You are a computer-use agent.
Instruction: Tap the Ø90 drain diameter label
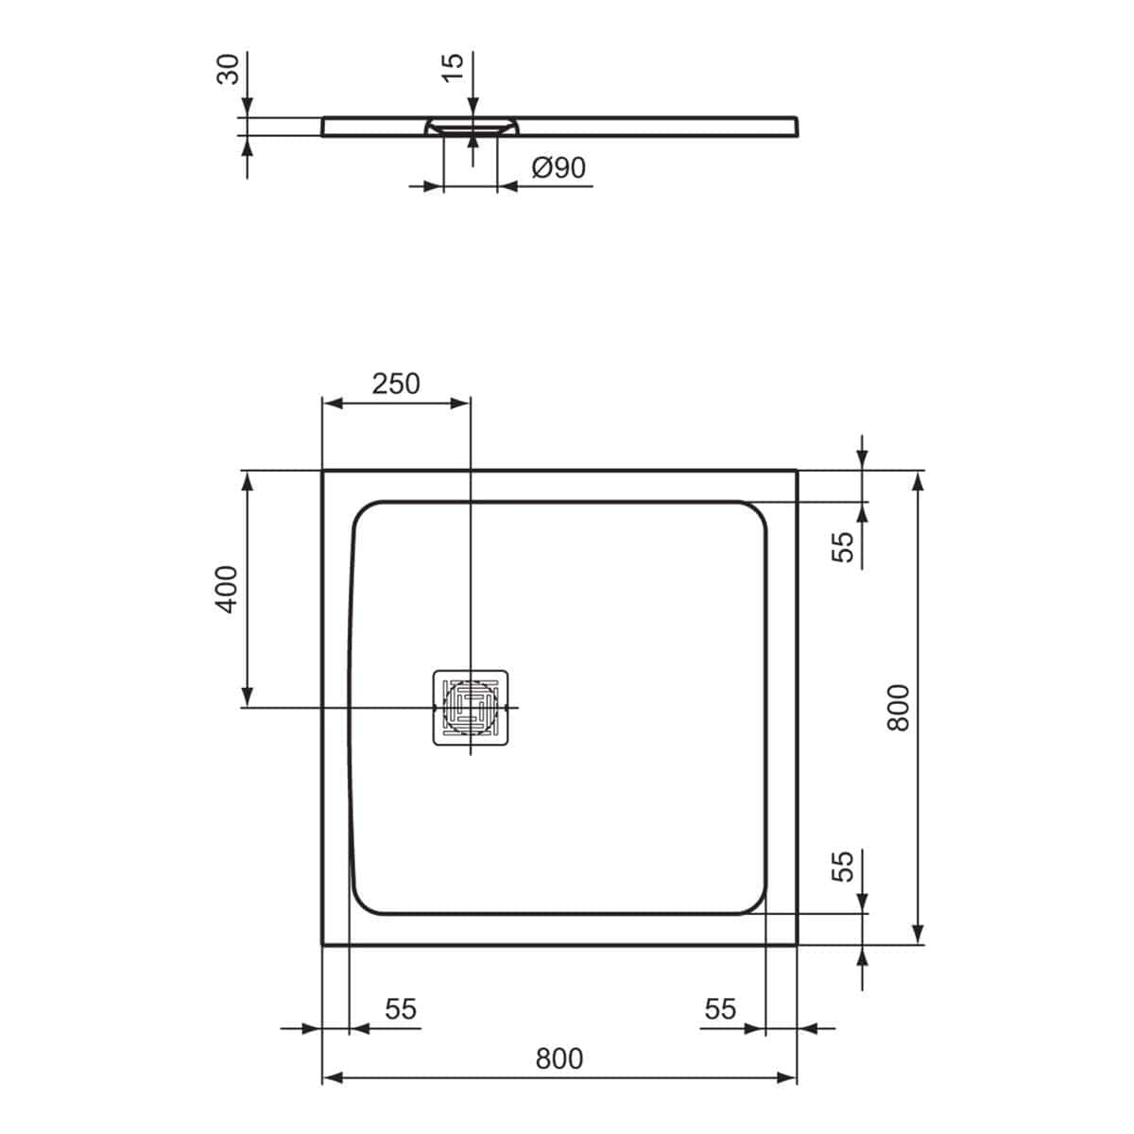558,168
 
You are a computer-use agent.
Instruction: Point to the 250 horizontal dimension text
395,384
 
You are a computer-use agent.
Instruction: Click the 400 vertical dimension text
227,589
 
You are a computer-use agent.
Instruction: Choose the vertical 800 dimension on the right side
898,706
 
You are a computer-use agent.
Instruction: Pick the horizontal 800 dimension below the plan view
558,1059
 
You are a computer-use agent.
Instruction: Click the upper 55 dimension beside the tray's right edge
843,546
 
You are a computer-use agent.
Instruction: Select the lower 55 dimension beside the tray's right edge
843,866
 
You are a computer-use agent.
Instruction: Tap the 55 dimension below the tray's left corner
401,1009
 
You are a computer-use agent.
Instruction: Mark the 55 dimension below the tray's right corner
720,1009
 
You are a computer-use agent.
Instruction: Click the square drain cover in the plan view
471,707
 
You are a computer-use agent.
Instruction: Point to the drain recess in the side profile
471,126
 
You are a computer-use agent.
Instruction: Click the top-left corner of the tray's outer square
323,471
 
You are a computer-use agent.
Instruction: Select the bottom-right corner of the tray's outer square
797,944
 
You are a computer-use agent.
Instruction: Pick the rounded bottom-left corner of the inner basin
367,901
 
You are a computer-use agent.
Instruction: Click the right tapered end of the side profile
799,127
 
